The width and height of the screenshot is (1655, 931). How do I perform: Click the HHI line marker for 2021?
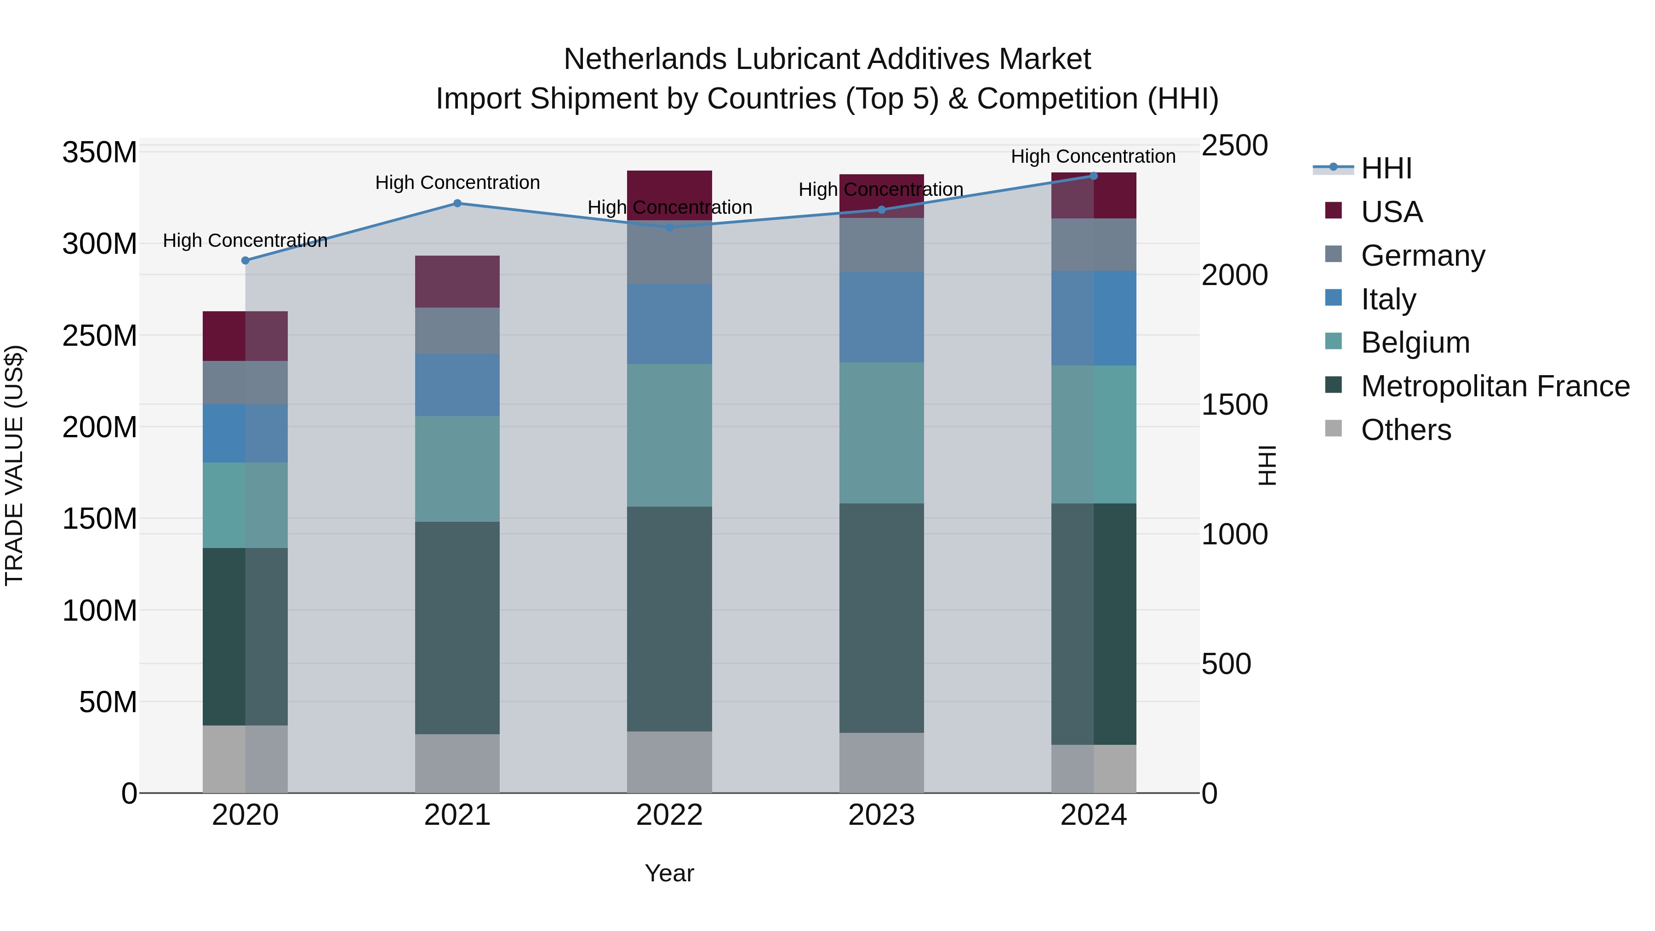tap(457, 204)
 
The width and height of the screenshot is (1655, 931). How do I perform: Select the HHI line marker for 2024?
tap(1094, 176)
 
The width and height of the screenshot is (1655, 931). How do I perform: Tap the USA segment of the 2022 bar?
tap(669, 195)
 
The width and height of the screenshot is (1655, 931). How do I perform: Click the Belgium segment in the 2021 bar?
tap(457, 468)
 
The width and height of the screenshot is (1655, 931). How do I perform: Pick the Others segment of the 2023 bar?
tap(881, 763)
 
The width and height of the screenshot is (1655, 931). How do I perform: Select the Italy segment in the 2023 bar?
tap(881, 317)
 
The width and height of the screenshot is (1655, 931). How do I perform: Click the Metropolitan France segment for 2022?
tap(669, 619)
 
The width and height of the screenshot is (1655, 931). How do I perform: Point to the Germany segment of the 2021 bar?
tap(457, 331)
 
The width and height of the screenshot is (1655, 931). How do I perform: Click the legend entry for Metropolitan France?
tap(1495, 386)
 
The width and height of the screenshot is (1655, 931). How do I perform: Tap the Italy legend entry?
tap(1388, 299)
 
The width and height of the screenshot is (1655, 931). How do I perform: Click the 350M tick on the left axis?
tap(100, 153)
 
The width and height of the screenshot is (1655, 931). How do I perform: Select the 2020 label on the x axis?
tap(245, 815)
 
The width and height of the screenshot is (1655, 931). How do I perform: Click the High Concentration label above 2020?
tap(245, 240)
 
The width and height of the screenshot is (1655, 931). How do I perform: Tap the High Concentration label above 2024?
tap(1094, 156)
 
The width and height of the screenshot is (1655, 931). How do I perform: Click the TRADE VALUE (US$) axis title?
tap(14, 465)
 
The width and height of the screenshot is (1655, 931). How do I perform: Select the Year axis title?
tap(669, 873)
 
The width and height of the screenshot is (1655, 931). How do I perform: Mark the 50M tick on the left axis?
tap(108, 702)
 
